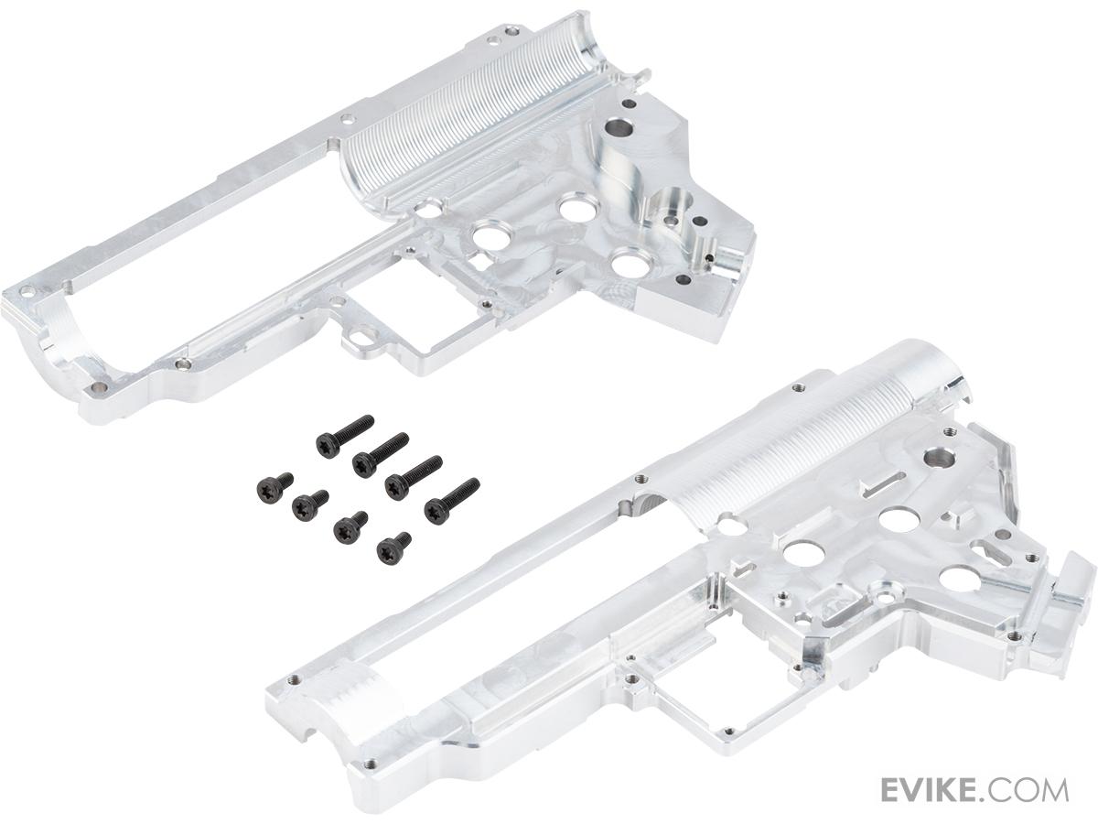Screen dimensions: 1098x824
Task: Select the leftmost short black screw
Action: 274,488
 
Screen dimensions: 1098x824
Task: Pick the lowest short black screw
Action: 394,548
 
